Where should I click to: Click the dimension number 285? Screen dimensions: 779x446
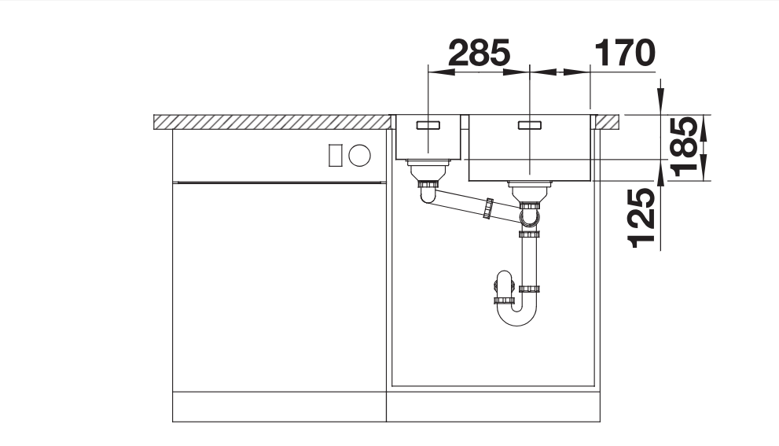pyautogui.click(x=479, y=53)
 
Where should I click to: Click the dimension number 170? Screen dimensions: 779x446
pyautogui.click(x=624, y=53)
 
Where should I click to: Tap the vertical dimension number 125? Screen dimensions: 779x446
pyautogui.click(x=641, y=218)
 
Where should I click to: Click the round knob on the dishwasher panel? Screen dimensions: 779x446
pyautogui.click(x=360, y=155)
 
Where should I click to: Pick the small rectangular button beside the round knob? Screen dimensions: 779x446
pyautogui.click(x=336, y=155)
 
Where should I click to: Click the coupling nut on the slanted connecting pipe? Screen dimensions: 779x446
pyautogui.click(x=489, y=208)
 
